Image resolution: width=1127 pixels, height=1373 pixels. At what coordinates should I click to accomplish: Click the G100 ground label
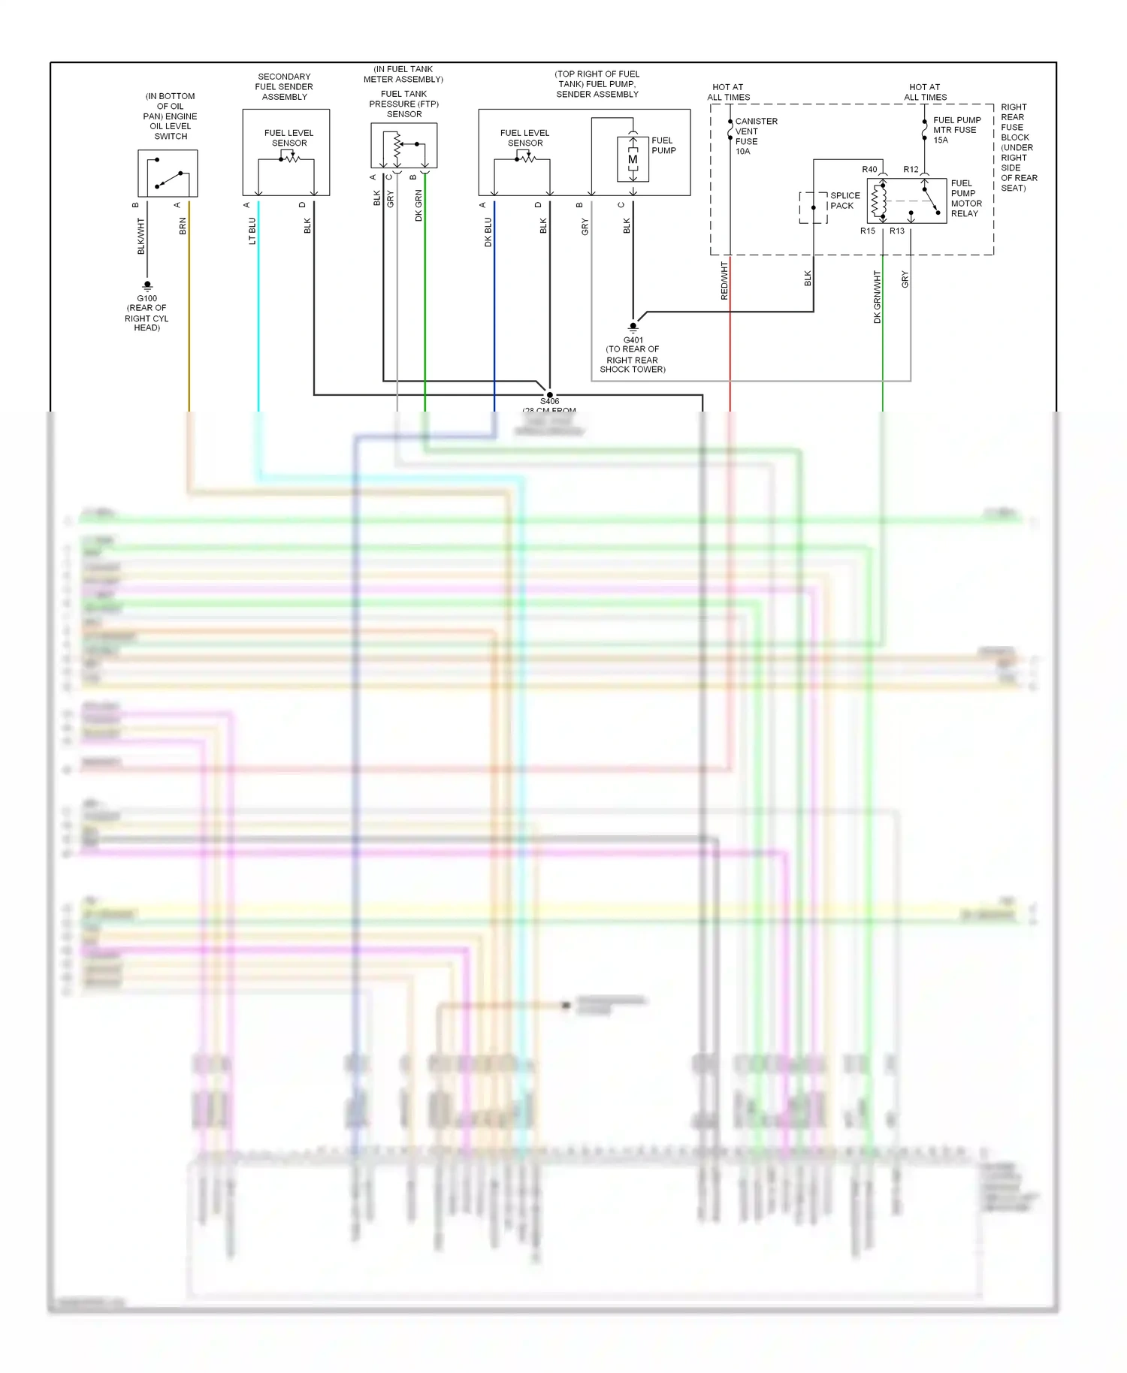(147, 298)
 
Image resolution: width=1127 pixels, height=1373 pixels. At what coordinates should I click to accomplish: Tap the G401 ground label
(633, 339)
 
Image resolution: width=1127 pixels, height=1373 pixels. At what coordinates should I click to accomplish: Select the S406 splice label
(549, 401)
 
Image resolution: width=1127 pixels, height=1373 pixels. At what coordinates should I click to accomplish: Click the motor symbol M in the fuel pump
(633, 159)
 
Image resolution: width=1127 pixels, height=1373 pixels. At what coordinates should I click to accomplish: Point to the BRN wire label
(183, 226)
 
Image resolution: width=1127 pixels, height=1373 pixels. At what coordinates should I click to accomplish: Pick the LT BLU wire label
(252, 231)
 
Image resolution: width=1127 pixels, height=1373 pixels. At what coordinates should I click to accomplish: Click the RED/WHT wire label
(724, 281)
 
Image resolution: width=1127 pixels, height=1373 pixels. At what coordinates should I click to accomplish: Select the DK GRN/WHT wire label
(877, 297)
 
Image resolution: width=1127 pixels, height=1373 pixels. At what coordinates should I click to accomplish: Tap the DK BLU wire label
(488, 232)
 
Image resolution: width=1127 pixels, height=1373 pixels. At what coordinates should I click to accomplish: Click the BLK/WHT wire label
(140, 236)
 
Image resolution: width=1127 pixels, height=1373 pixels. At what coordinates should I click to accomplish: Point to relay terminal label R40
(869, 170)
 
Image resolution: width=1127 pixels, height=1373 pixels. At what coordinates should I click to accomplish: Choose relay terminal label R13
(897, 231)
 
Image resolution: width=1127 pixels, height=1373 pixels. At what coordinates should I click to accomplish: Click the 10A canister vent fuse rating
(742, 152)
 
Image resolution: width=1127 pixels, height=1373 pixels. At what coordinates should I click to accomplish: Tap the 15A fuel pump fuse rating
(941, 140)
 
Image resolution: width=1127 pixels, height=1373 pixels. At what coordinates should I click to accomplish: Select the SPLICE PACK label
(844, 201)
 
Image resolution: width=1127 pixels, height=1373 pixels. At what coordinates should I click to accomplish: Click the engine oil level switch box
(168, 174)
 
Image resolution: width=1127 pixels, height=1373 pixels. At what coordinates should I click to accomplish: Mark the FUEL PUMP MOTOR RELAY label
(965, 198)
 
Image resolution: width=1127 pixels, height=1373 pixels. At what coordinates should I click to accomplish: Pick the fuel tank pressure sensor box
(403, 146)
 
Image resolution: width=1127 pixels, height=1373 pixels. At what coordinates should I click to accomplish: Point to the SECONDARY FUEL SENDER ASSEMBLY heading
(284, 86)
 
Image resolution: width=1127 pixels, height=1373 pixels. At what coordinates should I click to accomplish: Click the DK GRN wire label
(418, 205)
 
